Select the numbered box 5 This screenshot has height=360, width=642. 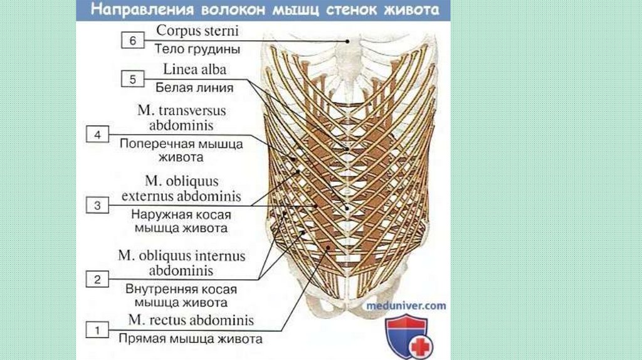pos(132,80)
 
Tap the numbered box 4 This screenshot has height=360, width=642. pos(97,134)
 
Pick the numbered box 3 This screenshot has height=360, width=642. pos(97,205)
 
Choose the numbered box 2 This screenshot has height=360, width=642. pos(97,279)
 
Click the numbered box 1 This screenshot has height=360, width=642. pos(97,329)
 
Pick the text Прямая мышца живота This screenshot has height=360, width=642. pos(188,340)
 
